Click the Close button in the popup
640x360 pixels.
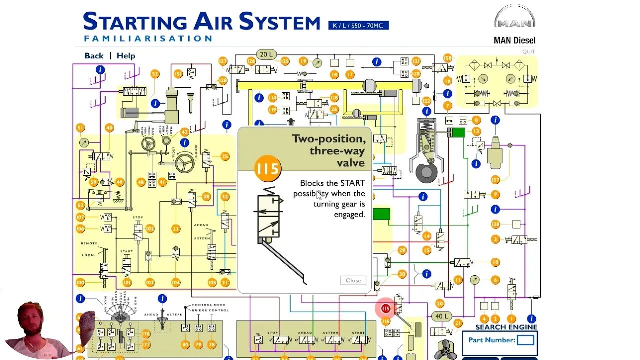click(x=353, y=280)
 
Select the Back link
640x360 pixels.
click(x=94, y=56)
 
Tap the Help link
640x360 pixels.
click(x=126, y=56)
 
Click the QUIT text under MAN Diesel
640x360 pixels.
click(x=528, y=51)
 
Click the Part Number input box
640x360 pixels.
click(x=525, y=340)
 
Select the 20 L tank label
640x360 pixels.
click(x=265, y=54)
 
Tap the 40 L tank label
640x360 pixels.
click(x=441, y=316)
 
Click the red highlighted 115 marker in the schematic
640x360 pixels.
click(x=385, y=309)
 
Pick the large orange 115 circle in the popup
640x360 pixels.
click(x=267, y=169)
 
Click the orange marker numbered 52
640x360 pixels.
click(x=155, y=74)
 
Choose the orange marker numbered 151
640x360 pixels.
click(x=178, y=74)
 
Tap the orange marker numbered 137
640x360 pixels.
click(x=495, y=179)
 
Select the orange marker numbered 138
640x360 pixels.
click(x=495, y=224)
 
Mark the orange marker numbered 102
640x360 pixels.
click(x=150, y=229)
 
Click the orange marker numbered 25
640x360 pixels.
click(x=225, y=157)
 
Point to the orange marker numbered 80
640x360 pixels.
click(x=185, y=344)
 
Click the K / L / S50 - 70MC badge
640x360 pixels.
click(x=358, y=25)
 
